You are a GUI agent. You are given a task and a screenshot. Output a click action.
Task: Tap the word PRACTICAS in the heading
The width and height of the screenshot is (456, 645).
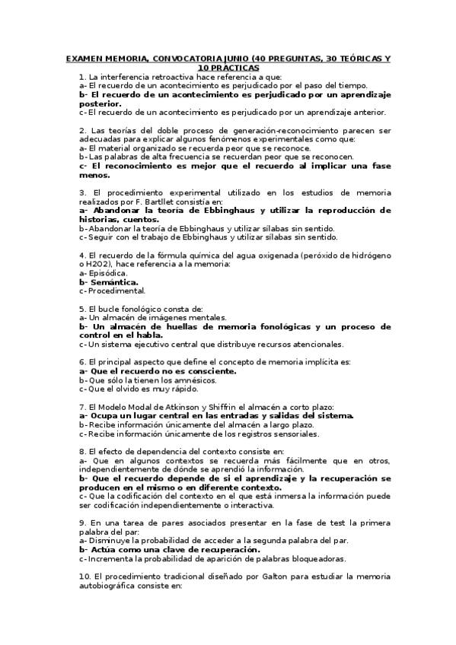(x=233, y=68)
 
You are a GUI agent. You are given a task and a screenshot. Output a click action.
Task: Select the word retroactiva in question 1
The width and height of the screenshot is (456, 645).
(x=161, y=77)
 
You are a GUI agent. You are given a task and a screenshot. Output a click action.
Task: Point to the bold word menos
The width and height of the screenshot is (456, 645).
(x=94, y=174)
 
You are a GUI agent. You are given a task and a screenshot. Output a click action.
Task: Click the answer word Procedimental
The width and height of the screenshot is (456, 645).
(x=116, y=291)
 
